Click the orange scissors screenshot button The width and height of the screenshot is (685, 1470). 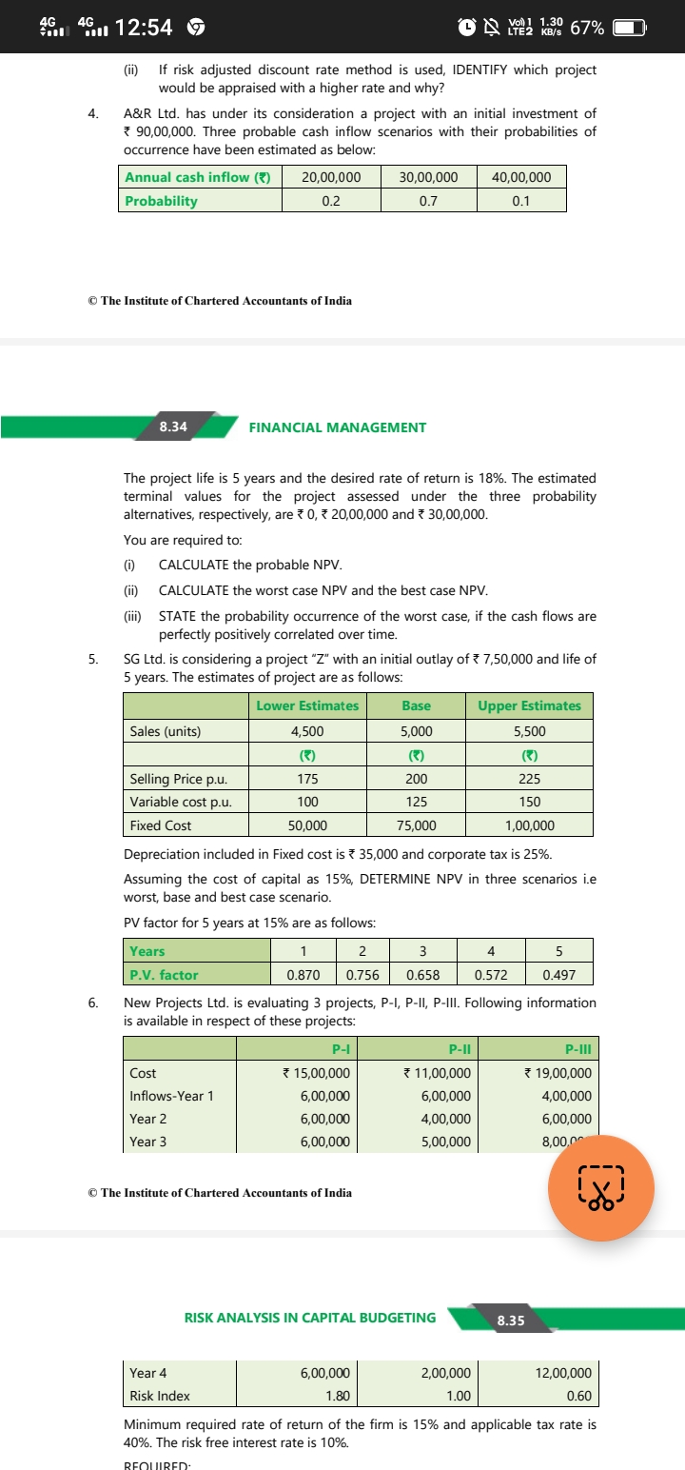600,1190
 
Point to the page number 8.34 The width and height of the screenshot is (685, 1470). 173,427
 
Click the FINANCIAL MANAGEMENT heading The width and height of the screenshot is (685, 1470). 337,427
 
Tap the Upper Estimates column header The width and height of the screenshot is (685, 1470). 529,705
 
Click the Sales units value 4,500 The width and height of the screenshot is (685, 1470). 306,731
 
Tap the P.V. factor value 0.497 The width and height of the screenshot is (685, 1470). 558,975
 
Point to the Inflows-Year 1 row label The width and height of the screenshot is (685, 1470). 171,1096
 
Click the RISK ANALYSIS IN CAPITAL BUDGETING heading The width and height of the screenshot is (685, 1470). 309,1319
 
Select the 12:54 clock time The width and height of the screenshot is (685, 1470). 144,28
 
